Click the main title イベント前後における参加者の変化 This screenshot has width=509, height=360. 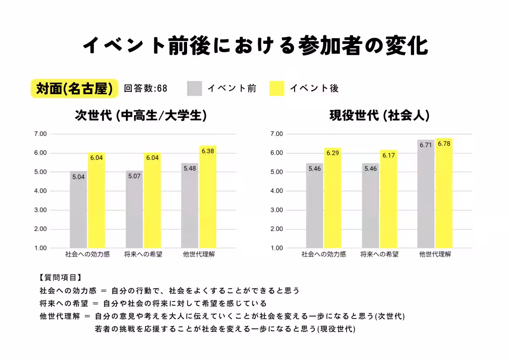coord(255,45)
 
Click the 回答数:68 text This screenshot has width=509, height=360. coord(145,88)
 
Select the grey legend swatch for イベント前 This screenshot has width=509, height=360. coord(194,88)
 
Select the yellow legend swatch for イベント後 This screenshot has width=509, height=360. coord(277,88)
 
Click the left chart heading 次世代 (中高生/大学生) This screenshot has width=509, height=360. coord(141,115)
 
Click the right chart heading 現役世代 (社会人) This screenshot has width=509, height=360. coord(379,115)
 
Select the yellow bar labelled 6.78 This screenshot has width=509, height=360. coord(444,193)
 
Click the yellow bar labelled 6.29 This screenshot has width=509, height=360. coord(333,198)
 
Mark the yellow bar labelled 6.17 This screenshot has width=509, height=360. coord(388,199)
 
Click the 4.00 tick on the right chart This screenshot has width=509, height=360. coord(276,191)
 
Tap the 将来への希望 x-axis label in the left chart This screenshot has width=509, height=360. coord(143,255)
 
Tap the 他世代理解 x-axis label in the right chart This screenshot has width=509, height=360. coord(435,255)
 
